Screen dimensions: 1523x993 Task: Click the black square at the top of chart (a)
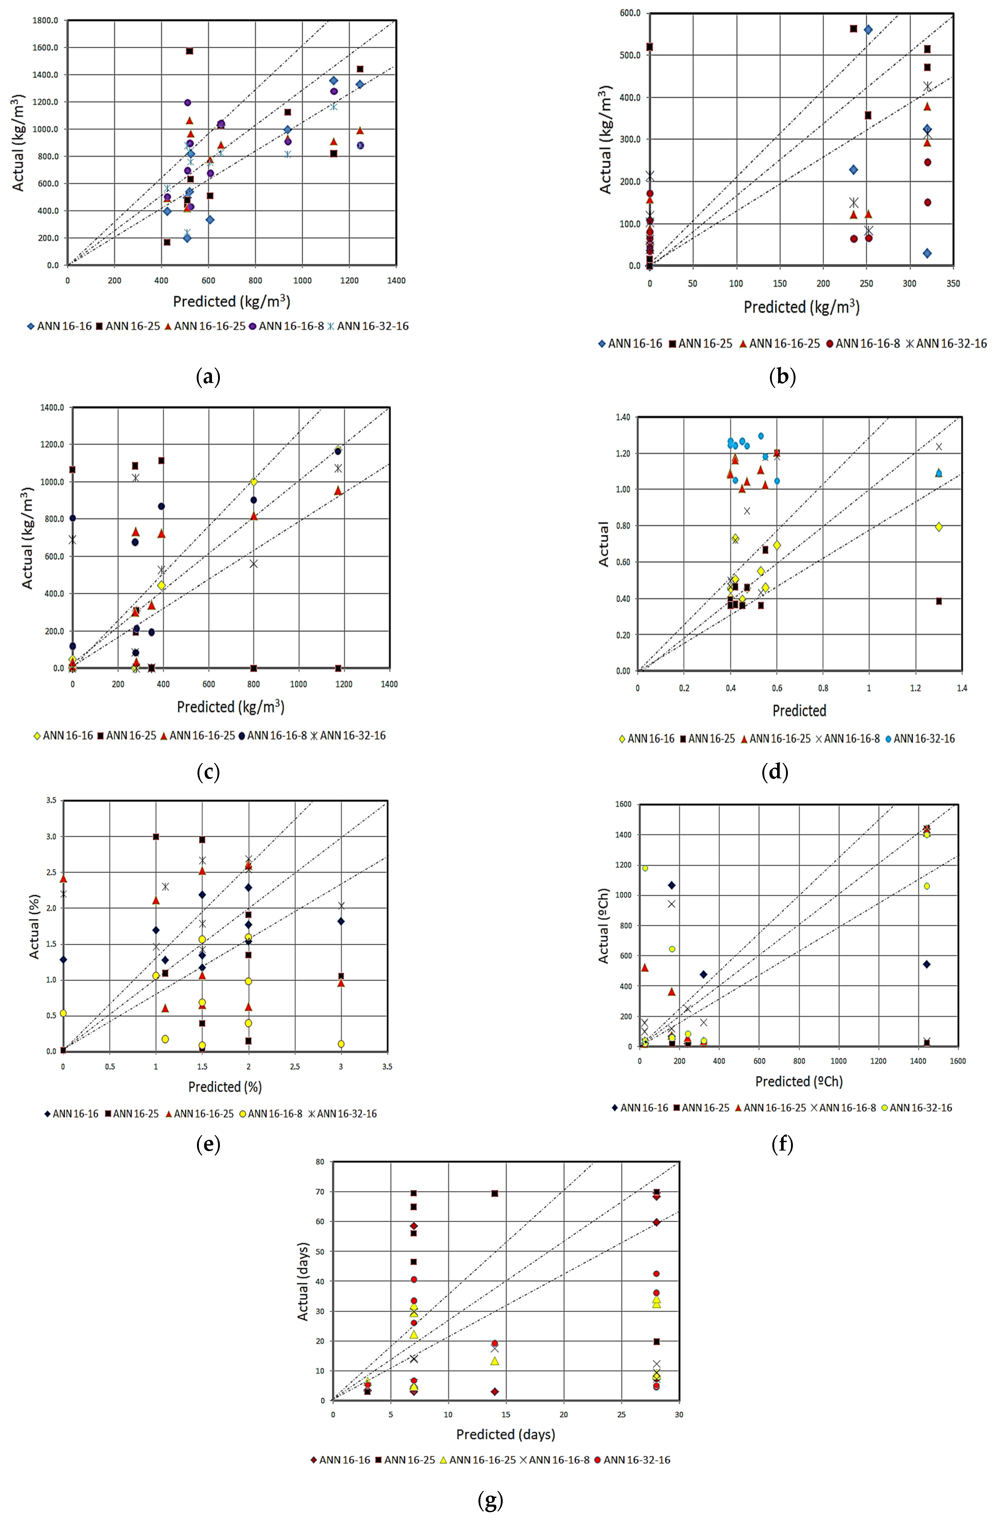coord(189,51)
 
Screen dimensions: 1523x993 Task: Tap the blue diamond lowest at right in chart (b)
coord(927,253)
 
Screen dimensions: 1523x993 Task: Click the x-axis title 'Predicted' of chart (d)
coord(799,710)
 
